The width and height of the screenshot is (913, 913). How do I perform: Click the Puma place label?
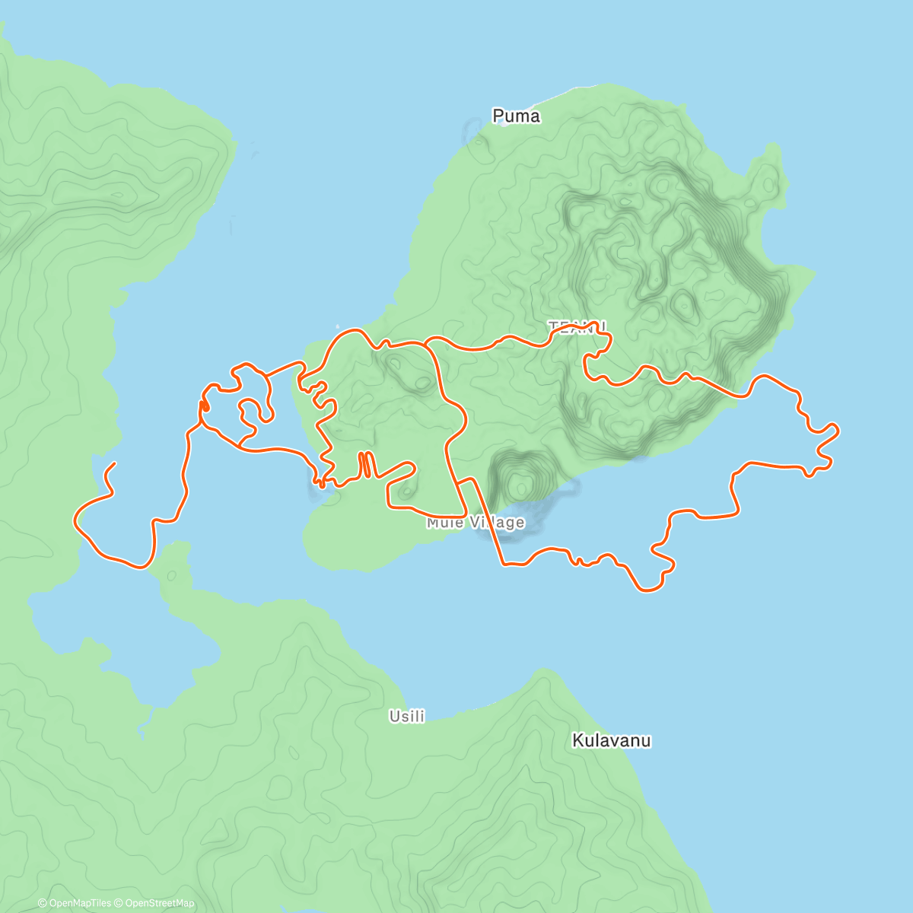point(516,116)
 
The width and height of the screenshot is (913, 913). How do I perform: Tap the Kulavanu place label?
point(611,740)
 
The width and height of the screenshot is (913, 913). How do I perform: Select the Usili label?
point(407,716)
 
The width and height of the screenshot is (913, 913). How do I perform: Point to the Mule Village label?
point(476,523)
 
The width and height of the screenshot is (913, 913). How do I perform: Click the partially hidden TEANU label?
point(577,326)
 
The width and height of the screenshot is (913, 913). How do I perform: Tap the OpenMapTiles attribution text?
point(74,903)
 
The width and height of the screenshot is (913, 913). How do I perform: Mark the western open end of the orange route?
point(115,463)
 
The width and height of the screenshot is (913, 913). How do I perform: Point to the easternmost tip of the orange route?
point(838,431)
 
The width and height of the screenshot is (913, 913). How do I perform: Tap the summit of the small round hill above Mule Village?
point(520,481)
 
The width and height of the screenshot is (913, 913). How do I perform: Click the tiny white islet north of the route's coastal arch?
point(337,327)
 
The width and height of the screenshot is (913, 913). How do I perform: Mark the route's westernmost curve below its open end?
point(75,520)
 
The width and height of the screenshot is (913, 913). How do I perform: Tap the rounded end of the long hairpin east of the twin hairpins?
point(412,466)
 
